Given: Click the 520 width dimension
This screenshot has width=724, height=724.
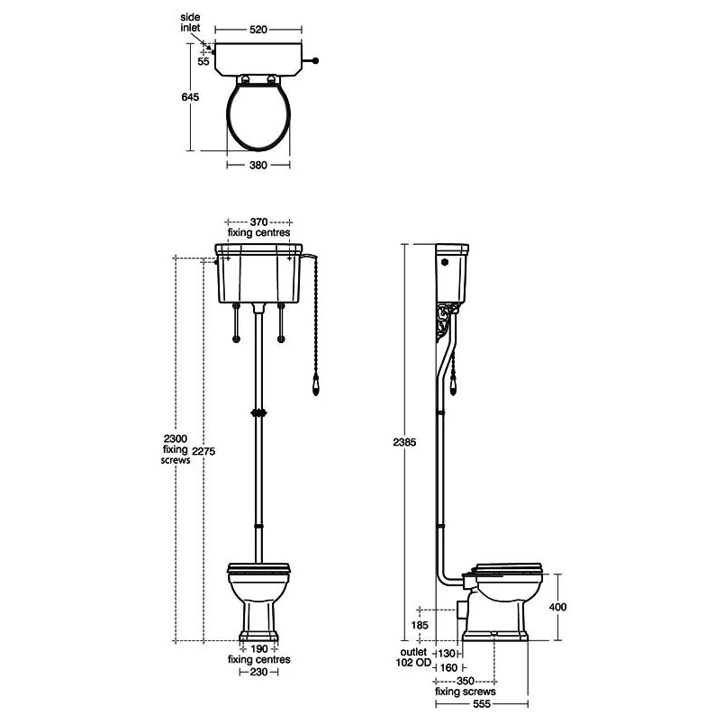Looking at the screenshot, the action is [x=258, y=30].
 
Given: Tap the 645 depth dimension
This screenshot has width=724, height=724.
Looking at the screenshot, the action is [x=190, y=96].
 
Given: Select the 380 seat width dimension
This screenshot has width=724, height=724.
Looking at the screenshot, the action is [x=258, y=165].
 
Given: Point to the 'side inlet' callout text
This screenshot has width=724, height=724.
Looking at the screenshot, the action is [x=190, y=23].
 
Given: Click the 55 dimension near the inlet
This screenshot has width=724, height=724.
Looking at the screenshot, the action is [x=204, y=61].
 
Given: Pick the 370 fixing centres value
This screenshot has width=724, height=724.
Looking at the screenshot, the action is [x=258, y=222].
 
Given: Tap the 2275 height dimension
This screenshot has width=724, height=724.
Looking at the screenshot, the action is [x=204, y=451].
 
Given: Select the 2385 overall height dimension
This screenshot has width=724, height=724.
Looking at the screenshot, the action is [x=404, y=442].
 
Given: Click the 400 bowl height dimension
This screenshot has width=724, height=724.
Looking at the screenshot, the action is [x=557, y=607].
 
